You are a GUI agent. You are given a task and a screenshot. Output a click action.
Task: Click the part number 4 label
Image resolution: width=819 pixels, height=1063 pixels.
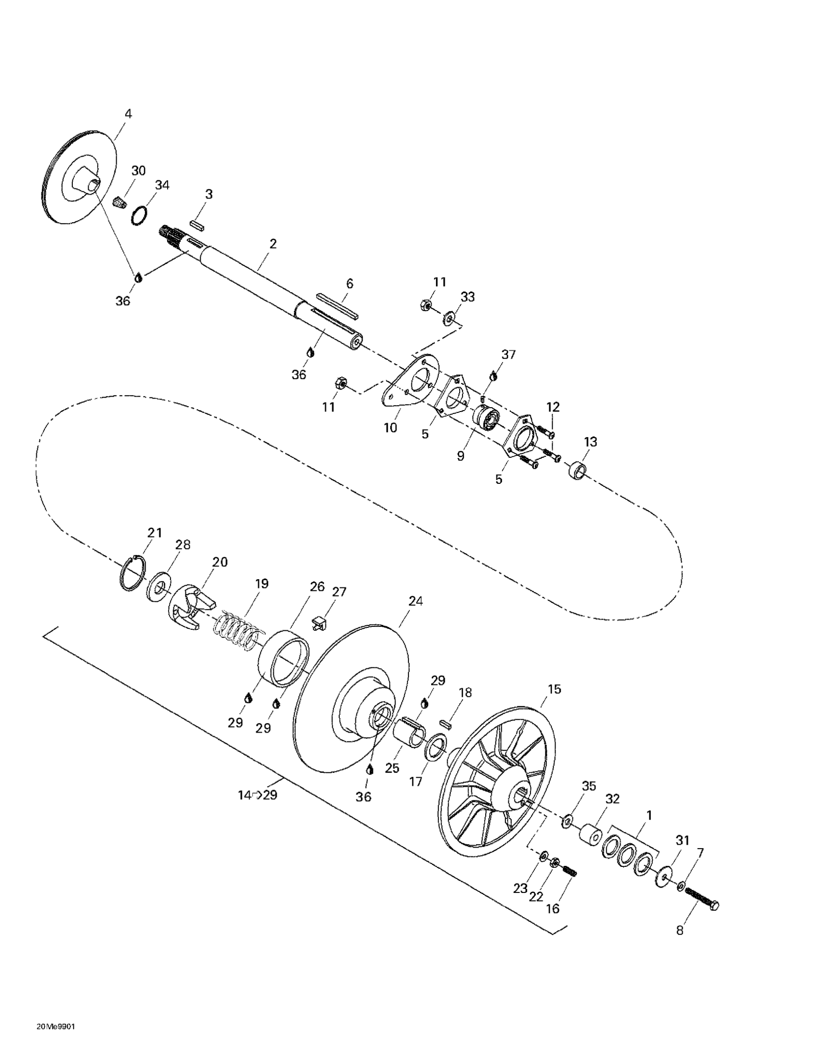(x=128, y=114)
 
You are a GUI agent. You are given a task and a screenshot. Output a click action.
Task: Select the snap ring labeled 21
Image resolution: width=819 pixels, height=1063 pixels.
(x=132, y=574)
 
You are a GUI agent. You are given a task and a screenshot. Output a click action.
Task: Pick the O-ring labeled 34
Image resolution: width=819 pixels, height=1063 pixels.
(x=140, y=215)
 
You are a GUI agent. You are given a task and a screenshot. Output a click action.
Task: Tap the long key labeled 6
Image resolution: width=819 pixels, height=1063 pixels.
(x=338, y=306)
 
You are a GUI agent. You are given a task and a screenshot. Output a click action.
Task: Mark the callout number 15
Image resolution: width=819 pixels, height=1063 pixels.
(x=554, y=689)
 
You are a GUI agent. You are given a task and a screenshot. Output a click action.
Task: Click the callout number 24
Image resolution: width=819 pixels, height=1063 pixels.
(x=416, y=601)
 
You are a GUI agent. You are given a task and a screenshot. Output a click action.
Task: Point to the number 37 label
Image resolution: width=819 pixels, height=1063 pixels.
(x=508, y=354)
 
